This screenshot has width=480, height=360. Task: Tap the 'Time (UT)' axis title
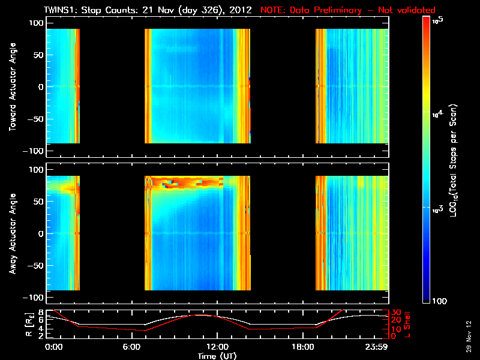[218, 356]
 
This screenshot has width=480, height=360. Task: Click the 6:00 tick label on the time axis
[136, 347]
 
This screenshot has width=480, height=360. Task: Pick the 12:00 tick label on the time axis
[218, 347]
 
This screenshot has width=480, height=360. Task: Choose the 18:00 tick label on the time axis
[301, 347]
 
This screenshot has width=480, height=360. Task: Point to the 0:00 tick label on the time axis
[53, 347]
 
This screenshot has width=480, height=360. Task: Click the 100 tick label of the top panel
[36, 22]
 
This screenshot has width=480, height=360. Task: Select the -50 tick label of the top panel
[36, 119]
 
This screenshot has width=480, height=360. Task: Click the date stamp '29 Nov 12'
[467, 339]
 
